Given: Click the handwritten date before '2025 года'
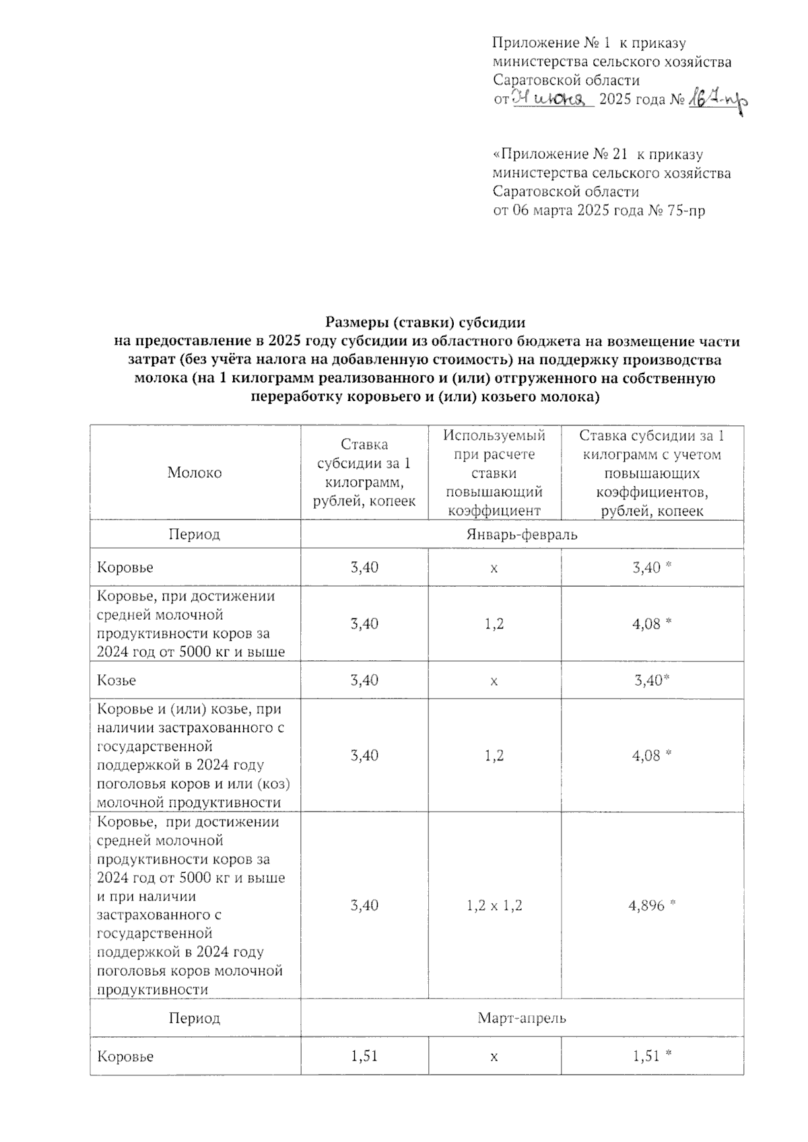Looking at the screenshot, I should (x=552, y=100).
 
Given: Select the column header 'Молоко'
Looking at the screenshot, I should (x=195, y=472).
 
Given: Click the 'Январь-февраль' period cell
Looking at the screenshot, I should (x=522, y=535).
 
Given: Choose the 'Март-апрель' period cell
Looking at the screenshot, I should (x=522, y=1018).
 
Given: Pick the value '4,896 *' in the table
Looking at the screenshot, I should (x=652, y=905).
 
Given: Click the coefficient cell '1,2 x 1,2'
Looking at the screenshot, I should (x=494, y=905).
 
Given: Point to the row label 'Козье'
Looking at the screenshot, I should (x=117, y=680).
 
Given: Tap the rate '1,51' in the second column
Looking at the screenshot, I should (x=364, y=1056).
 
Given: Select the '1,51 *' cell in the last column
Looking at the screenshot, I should (x=652, y=1056).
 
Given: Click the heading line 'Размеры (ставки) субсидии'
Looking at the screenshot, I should (x=425, y=322).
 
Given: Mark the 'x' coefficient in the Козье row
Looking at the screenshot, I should (x=494, y=681).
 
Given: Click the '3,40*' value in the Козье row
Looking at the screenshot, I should (x=652, y=680).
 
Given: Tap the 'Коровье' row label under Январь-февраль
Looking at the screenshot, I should (x=126, y=567).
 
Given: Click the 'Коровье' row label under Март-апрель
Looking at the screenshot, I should (x=126, y=1057).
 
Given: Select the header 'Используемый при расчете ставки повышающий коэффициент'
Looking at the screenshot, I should (x=494, y=472).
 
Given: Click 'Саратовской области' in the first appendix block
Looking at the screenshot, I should (x=566, y=81).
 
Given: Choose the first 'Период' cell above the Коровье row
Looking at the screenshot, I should (x=195, y=535).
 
